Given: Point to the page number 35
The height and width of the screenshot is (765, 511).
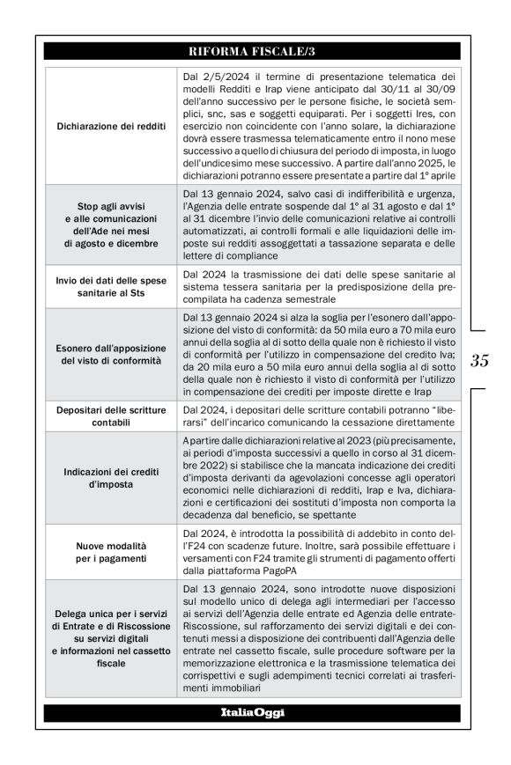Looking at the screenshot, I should [481, 360].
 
